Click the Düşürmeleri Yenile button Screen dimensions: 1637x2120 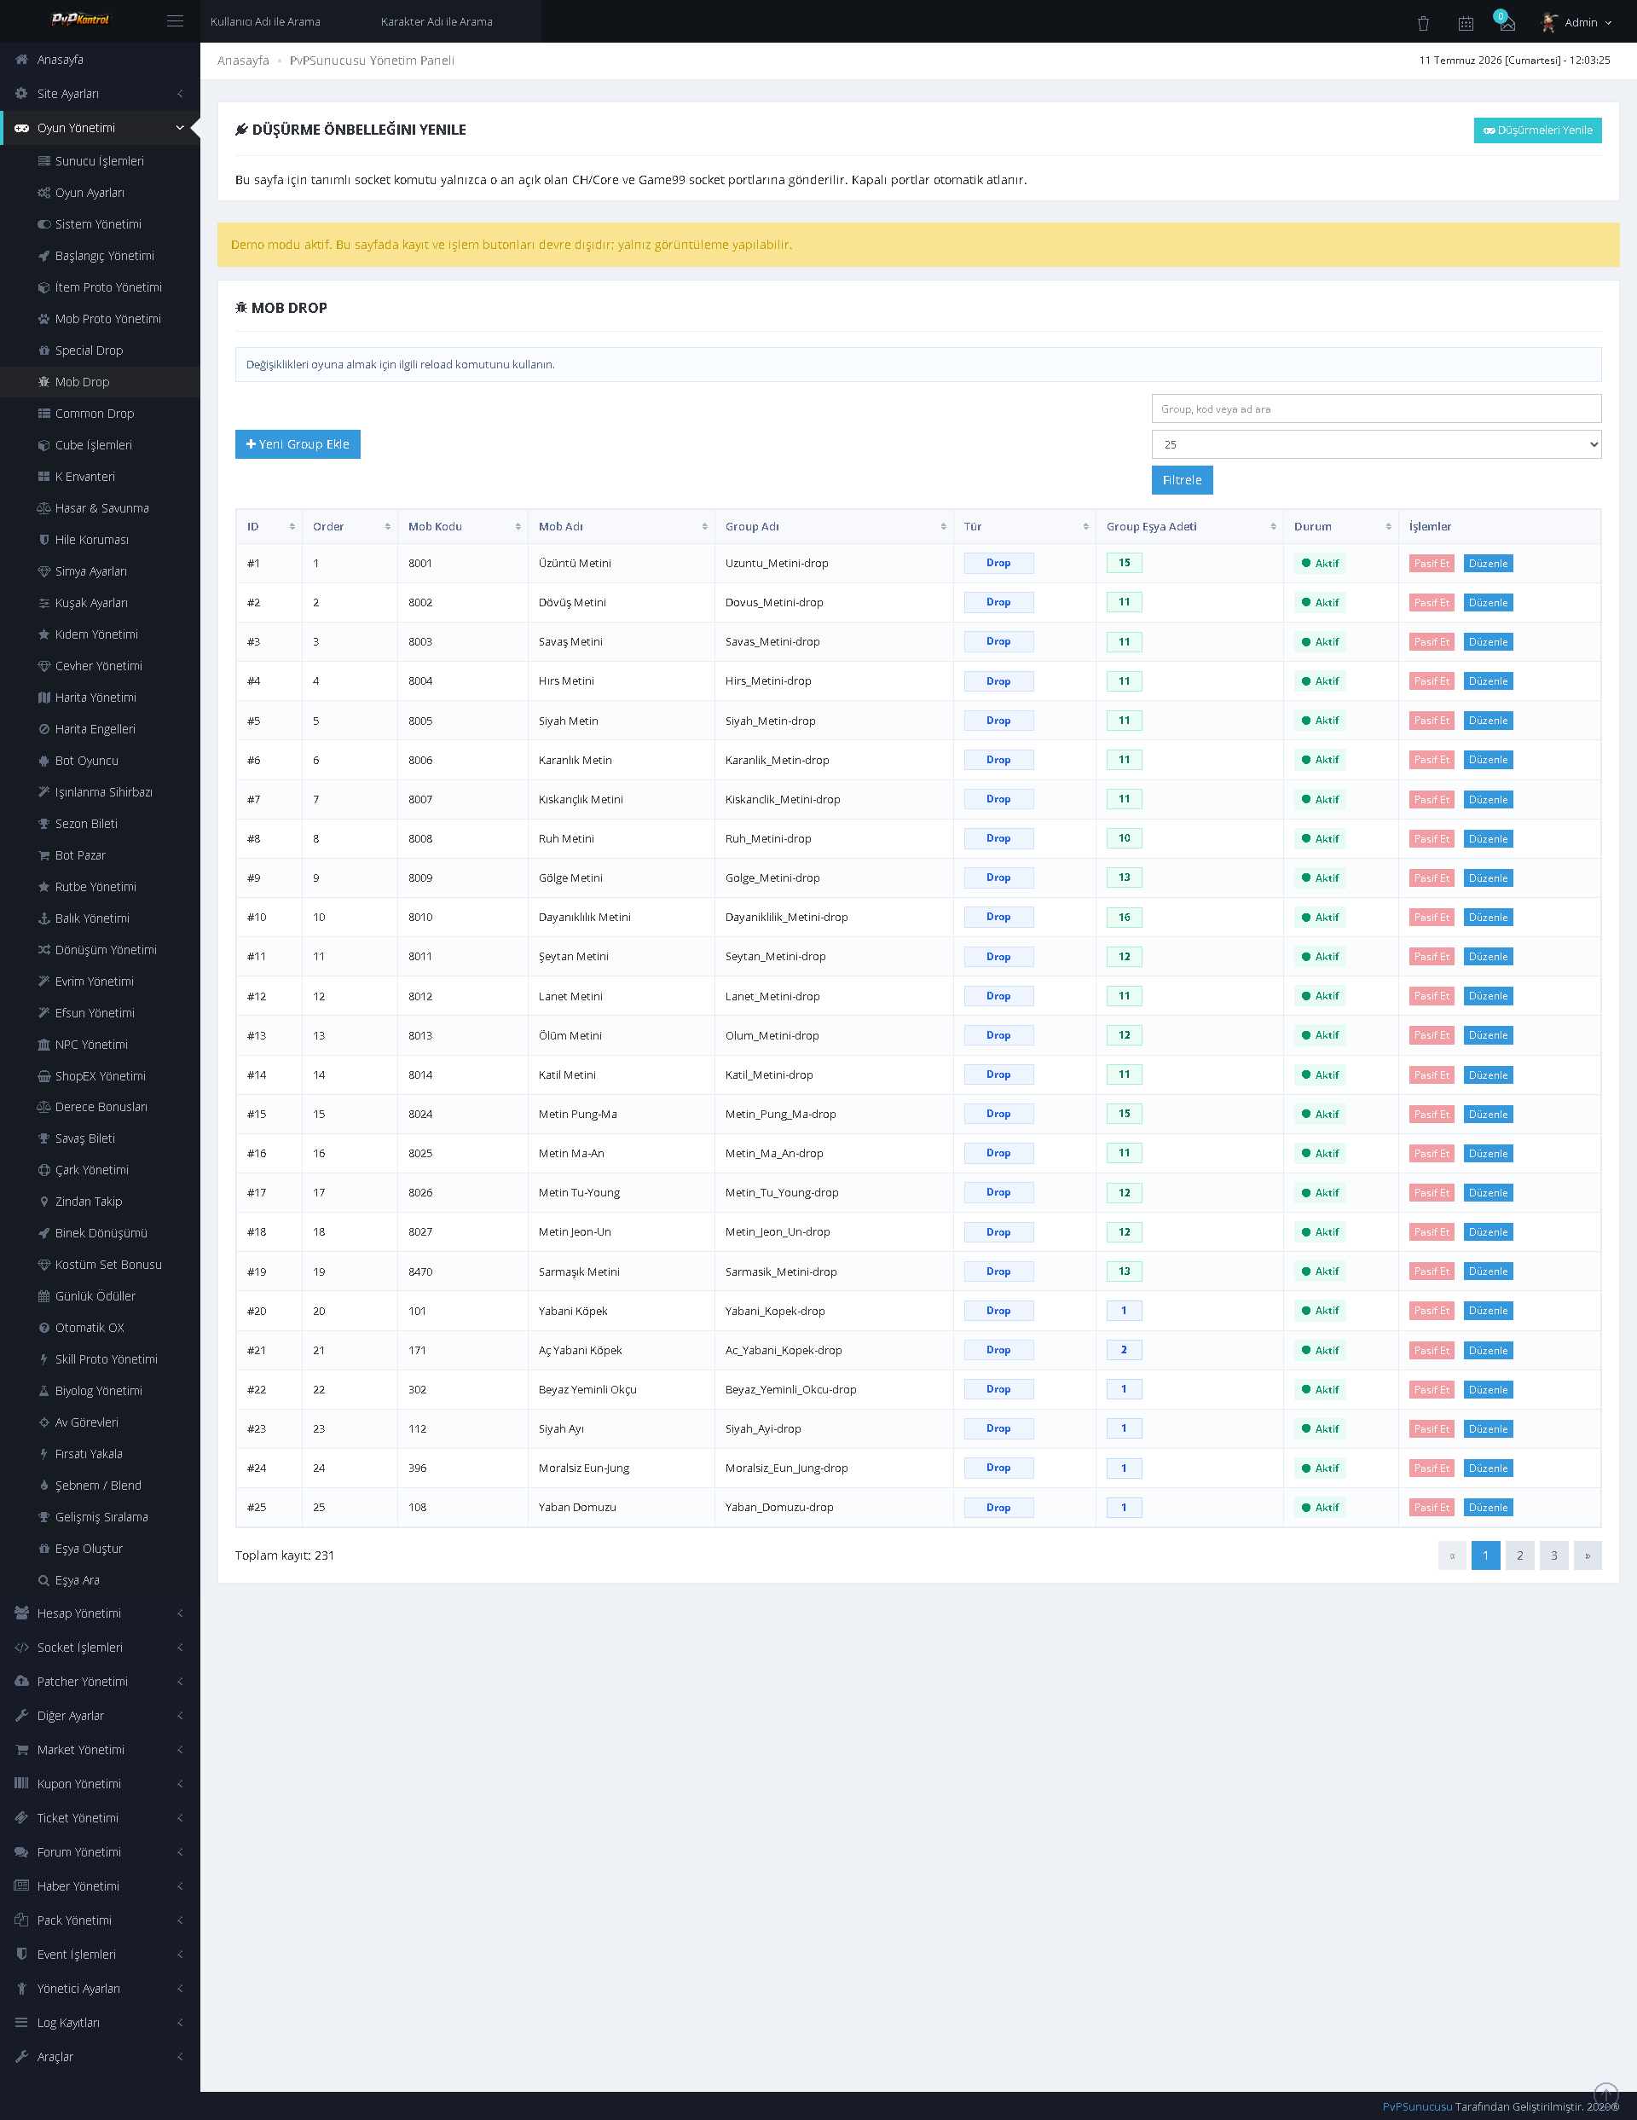[x=1537, y=130]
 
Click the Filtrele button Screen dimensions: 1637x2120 [x=1181, y=479]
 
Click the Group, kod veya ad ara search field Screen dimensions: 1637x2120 [x=1375, y=408]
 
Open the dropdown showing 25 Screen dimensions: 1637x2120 [x=1375, y=444]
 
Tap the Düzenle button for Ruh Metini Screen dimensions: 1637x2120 [x=1488, y=838]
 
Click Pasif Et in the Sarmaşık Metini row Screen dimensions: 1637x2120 [x=1432, y=1271]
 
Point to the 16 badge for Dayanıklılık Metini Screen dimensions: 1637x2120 [x=1124, y=918]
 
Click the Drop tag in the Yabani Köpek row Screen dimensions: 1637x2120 [x=998, y=1311]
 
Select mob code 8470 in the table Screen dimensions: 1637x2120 [x=420, y=1271]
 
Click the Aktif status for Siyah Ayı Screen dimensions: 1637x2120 [x=1320, y=1429]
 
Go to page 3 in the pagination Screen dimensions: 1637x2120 [x=1553, y=1555]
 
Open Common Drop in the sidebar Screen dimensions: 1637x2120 [x=94, y=414]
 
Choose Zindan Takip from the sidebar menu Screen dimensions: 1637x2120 [x=89, y=1202]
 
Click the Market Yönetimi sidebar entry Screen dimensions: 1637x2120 [x=80, y=1749]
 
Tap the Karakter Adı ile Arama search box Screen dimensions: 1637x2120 [x=437, y=21]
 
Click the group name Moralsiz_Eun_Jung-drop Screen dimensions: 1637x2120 [x=786, y=1468]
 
